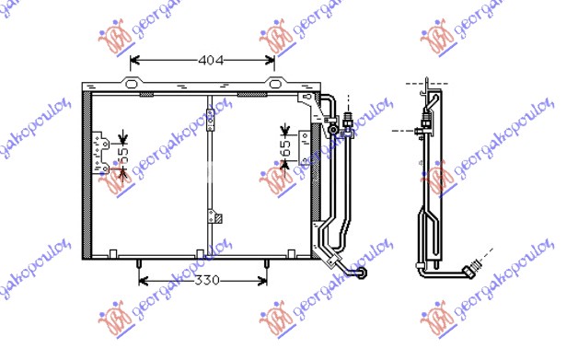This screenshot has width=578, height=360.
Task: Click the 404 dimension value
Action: coord(211,61)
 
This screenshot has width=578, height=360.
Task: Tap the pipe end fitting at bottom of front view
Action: coord(363,273)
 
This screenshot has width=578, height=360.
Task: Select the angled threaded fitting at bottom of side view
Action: coord(471,267)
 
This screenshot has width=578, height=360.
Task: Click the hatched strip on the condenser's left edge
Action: coord(87,175)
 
